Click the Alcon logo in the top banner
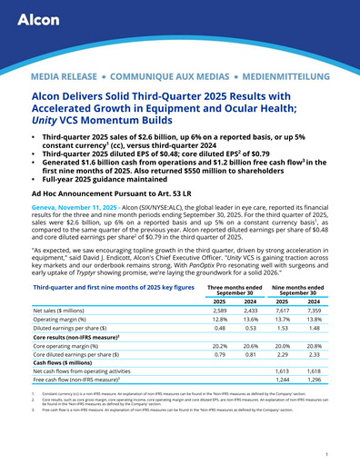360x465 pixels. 38,21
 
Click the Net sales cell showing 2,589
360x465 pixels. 219,312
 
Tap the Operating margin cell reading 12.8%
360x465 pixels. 219,322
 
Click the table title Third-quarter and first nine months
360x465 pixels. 113,286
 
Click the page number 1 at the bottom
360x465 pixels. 336,451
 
